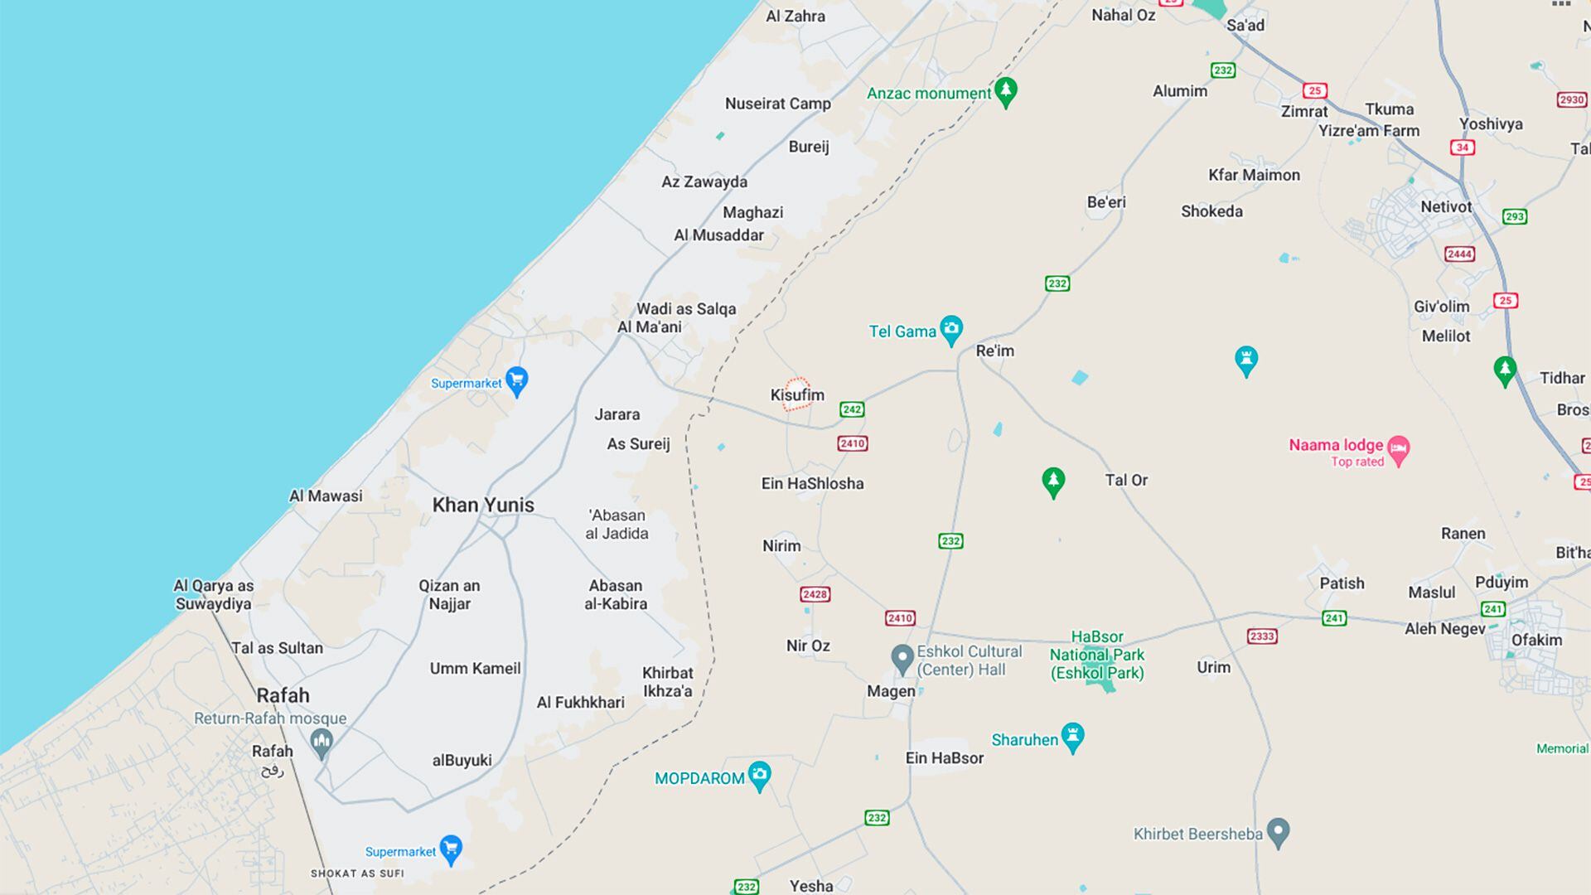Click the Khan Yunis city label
tap(483, 505)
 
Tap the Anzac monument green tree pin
tap(1006, 91)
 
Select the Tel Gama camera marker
tap(951, 329)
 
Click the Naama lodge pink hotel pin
tap(1399, 450)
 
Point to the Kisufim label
tap(797, 395)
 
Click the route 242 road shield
tap(852, 409)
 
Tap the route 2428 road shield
tap(815, 594)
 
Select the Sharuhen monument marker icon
tap(1073, 736)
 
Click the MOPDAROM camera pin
tap(759, 776)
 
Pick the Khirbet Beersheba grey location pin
tap(1279, 831)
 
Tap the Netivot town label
tap(1446, 207)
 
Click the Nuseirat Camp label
tap(777, 104)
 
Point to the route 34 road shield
tap(1463, 148)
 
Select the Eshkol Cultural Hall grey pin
tap(902, 659)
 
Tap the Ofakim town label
tap(1536, 640)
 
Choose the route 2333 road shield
tap(1262, 636)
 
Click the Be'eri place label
tap(1106, 202)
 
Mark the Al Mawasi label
tap(326, 496)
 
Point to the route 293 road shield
tap(1515, 216)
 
